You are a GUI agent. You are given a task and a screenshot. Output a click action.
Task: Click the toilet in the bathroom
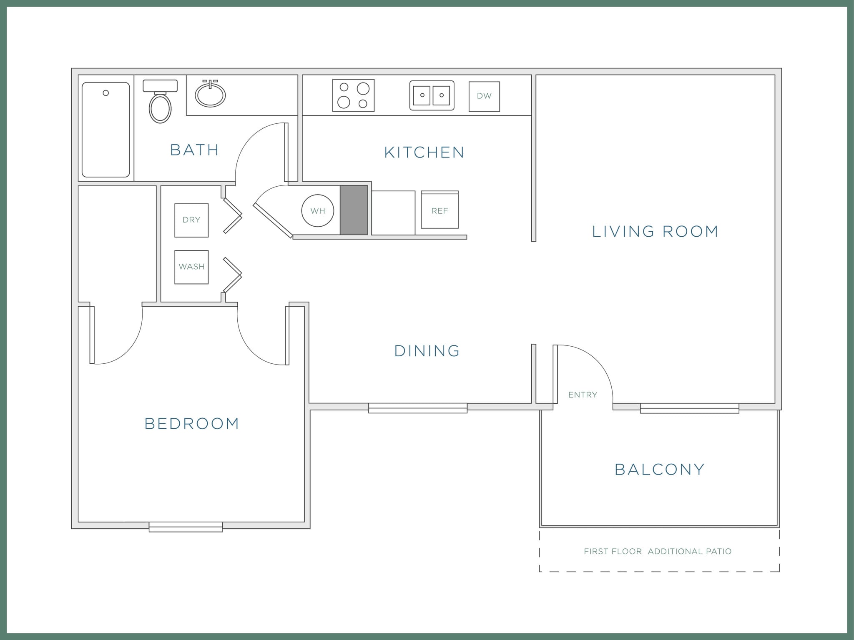160,106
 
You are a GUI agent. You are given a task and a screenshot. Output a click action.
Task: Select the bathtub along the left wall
106,130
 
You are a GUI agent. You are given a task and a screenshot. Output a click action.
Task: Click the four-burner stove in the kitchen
353,95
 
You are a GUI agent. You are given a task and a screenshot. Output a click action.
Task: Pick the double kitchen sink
432,95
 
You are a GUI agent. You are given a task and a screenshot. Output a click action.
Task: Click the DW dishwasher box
484,96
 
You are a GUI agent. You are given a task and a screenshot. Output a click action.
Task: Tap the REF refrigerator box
440,210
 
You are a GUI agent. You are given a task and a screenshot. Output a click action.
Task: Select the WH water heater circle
318,211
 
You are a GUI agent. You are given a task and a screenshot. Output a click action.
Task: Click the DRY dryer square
191,220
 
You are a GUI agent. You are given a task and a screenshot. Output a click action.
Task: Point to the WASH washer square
191,267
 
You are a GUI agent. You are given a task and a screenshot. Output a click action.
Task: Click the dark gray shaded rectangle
354,210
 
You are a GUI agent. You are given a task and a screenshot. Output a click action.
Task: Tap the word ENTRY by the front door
583,395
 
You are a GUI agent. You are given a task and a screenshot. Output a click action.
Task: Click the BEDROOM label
192,424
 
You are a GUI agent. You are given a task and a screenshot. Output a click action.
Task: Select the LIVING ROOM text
655,232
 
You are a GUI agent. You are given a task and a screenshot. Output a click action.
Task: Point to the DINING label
427,351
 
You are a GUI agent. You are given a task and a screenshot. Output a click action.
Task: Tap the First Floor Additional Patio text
658,551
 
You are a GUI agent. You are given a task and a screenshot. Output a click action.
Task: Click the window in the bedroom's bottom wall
186,527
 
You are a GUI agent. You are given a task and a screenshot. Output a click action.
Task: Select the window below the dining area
418,408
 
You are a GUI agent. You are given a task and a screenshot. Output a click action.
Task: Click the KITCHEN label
424,152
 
